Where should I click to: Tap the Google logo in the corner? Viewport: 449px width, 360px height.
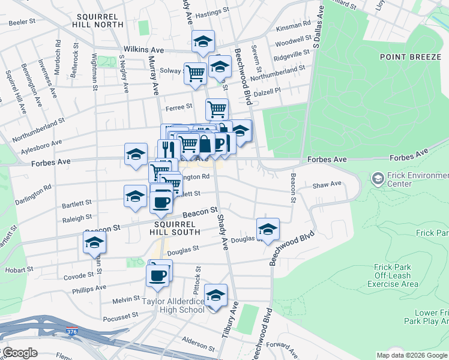(19, 353)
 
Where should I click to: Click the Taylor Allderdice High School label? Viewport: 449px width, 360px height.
(172, 305)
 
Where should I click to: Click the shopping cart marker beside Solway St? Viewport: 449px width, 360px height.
(196, 73)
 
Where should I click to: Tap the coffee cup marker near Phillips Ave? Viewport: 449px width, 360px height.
(158, 275)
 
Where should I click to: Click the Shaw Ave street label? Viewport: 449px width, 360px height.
(327, 184)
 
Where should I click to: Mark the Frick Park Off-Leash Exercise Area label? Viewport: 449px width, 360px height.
(395, 275)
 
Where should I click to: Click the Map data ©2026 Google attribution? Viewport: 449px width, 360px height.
(412, 355)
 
